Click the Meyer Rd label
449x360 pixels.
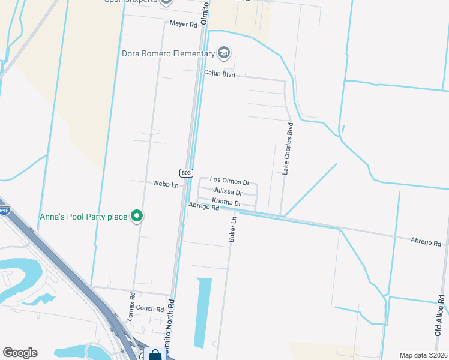183,25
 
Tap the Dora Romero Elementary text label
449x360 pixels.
168,53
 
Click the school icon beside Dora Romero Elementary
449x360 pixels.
224,53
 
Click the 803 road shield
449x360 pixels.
186,173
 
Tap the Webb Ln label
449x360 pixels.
166,184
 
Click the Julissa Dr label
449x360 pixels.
228,192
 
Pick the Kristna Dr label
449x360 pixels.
226,203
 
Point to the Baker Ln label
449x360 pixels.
234,229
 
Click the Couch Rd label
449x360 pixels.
149,309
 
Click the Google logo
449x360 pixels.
20,353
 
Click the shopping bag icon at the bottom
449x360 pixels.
155,355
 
